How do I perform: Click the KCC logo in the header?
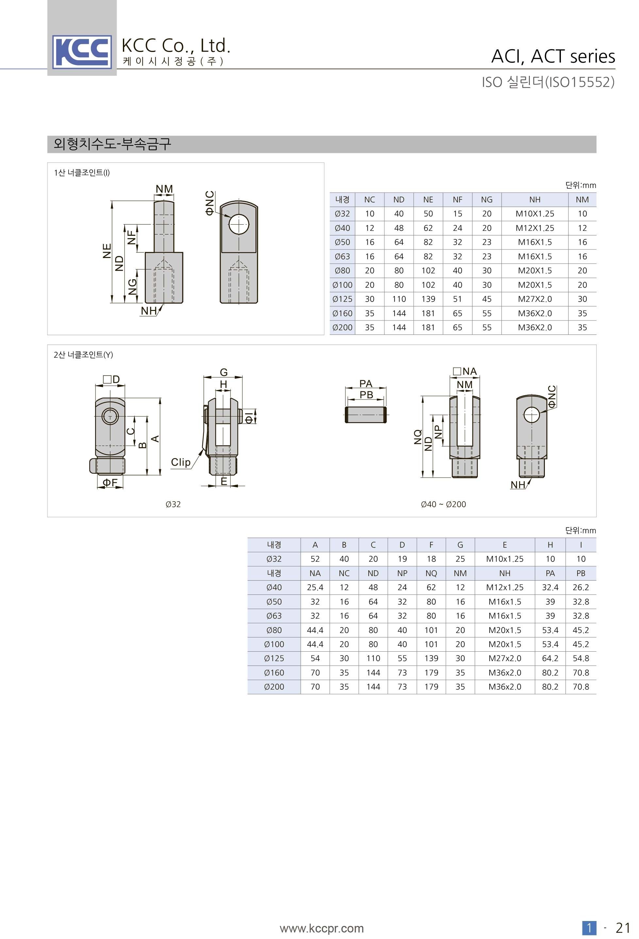pos(82,52)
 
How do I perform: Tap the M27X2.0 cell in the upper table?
pos(534,299)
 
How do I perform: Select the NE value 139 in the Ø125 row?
pos(428,299)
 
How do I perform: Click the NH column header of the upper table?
pos(534,199)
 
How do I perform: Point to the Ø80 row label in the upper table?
pos(342,271)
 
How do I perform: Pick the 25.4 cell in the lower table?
pos(315,588)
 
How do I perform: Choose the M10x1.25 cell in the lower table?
pos(504,559)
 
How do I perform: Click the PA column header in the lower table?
pos(550,573)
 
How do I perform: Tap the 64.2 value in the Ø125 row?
pos(550,658)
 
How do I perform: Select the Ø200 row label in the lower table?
pos(274,687)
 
